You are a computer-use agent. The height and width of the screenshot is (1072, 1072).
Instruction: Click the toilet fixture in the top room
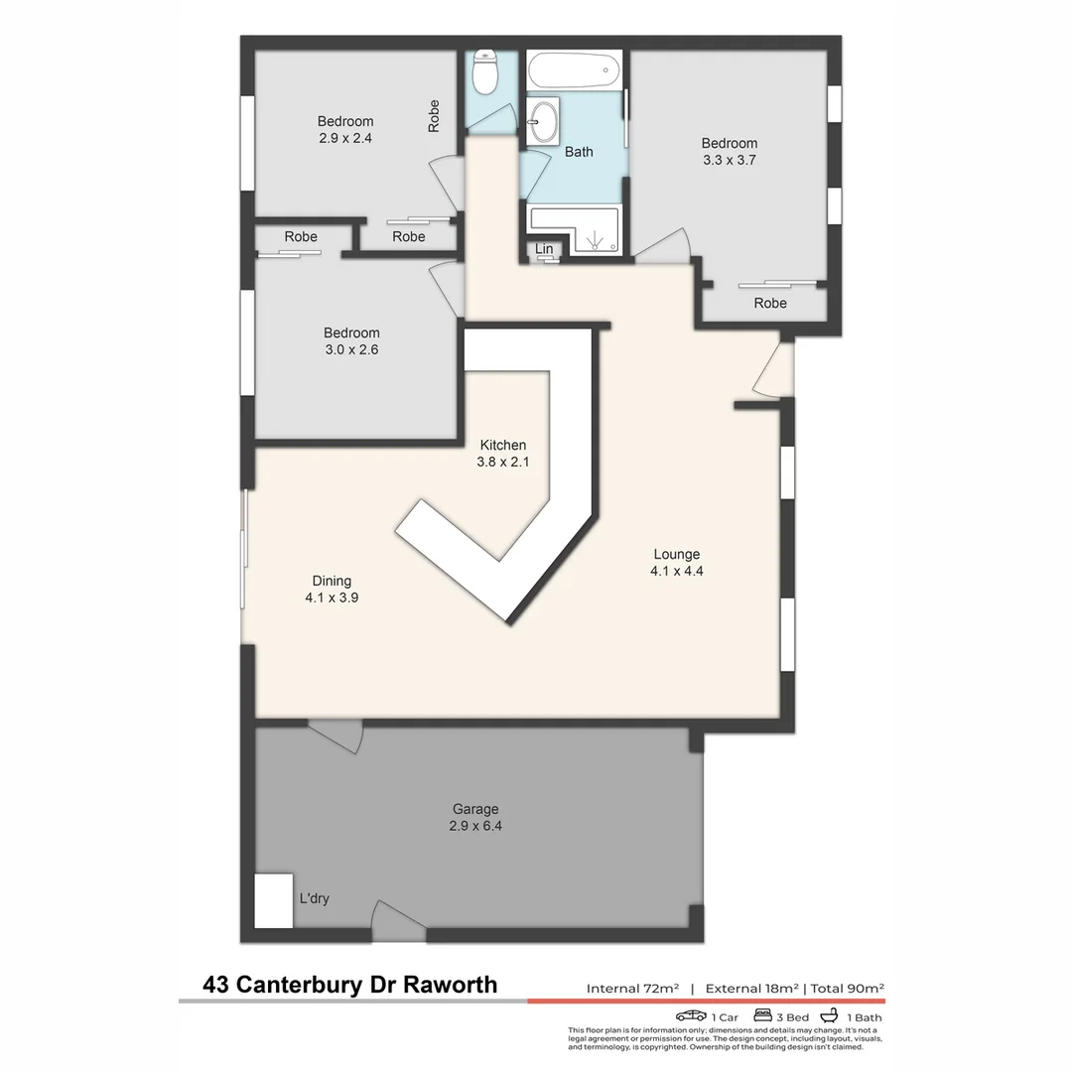click(485, 71)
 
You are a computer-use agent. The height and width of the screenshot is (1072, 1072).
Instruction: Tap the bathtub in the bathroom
click(574, 71)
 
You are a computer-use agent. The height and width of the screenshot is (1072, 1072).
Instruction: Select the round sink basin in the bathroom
click(542, 123)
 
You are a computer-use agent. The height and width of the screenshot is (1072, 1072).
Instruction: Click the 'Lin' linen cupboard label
click(544, 248)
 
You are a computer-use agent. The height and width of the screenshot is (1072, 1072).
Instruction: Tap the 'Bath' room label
click(579, 152)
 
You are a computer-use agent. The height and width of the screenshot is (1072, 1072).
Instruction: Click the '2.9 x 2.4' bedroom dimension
click(345, 139)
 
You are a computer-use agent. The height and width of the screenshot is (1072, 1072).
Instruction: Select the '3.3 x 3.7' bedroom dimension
click(729, 160)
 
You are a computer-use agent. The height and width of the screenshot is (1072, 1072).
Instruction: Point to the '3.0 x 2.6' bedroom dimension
click(351, 349)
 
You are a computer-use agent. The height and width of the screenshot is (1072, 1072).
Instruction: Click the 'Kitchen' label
click(502, 445)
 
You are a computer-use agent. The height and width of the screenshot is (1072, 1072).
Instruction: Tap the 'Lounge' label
click(676, 554)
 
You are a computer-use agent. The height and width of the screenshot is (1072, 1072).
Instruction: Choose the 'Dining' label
click(332, 581)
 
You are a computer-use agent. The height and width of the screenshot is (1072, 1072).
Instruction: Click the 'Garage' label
click(475, 809)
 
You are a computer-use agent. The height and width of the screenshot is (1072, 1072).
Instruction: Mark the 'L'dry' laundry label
click(315, 899)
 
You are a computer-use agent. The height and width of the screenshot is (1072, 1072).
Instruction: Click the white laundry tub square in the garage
click(274, 900)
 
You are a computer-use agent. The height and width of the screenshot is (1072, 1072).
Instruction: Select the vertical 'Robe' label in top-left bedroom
click(434, 117)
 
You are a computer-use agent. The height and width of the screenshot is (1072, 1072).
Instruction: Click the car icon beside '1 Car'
click(691, 1015)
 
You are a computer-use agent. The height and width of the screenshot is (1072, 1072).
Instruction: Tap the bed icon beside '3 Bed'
click(763, 1015)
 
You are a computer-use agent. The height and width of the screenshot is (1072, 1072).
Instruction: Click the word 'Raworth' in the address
click(449, 985)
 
